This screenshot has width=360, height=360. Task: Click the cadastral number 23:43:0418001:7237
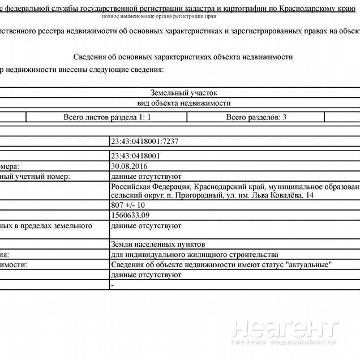click(x=146, y=142)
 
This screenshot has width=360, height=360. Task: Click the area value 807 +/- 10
click(x=128, y=205)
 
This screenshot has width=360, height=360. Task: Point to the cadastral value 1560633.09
click(x=131, y=216)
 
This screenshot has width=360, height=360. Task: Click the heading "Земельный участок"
click(x=183, y=93)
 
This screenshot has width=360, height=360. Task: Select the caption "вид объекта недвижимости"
click(x=183, y=103)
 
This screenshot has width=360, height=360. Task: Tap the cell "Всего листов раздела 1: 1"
click(x=107, y=117)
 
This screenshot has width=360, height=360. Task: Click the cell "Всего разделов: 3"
click(x=256, y=117)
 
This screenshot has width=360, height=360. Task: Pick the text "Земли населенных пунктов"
click(x=158, y=245)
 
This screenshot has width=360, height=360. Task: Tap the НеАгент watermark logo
click(x=285, y=330)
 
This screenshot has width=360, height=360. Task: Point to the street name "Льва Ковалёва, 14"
click(x=280, y=196)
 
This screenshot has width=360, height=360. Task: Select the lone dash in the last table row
click(x=113, y=285)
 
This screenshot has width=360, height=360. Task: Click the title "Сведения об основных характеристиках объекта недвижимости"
click(x=183, y=57)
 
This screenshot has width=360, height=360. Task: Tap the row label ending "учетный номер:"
click(x=39, y=177)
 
